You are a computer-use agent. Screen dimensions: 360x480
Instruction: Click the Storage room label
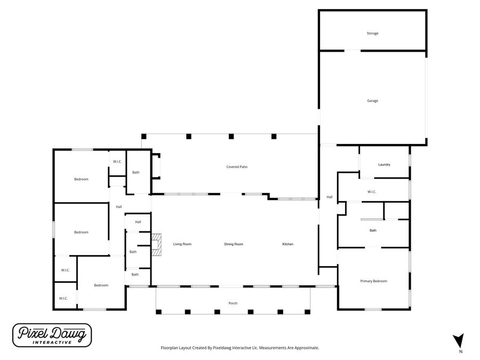372,34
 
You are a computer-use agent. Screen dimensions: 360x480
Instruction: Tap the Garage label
372,101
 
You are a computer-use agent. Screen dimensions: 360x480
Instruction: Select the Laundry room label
384,165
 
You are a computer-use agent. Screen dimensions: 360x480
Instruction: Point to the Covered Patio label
237,167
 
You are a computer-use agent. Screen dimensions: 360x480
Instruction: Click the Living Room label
182,244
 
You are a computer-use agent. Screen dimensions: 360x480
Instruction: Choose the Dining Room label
234,244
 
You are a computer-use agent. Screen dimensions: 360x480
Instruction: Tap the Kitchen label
287,244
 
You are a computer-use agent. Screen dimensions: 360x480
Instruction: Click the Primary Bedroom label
373,281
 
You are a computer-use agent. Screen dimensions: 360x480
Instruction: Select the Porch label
233,303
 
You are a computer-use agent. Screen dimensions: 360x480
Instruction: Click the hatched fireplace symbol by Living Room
156,245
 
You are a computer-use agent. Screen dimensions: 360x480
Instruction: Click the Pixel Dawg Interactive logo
52,335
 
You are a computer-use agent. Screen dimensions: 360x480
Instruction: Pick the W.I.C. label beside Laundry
372,192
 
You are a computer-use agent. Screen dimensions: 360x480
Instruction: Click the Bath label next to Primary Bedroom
373,230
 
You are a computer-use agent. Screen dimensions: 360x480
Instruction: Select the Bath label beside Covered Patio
136,172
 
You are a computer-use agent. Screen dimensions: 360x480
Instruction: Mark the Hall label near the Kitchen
330,197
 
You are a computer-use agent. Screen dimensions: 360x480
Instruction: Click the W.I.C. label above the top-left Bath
117,162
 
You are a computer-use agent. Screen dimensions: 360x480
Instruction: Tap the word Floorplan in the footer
171,348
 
